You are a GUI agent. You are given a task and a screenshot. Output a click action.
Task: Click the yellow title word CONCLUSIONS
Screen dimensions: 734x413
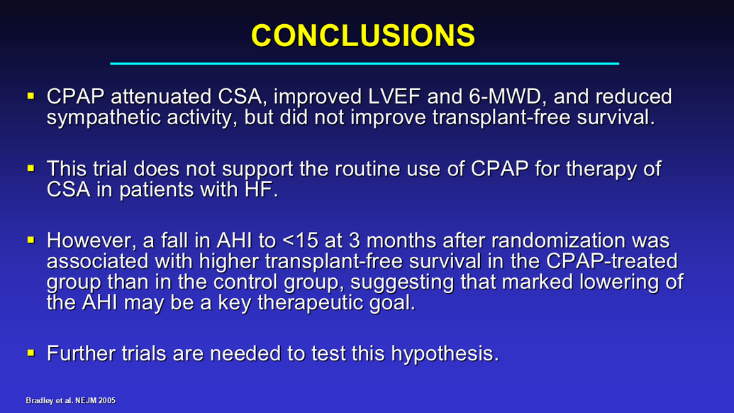coord(363,35)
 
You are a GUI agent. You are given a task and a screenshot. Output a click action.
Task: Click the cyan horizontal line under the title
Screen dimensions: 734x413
coord(365,63)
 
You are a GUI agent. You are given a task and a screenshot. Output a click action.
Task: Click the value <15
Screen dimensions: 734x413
coord(301,241)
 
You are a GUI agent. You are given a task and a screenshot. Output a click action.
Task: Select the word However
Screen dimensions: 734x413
coord(92,241)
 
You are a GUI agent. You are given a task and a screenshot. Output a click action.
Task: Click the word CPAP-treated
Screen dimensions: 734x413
coord(611,261)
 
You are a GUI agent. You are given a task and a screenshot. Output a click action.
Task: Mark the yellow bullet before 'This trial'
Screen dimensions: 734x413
coord(31,168)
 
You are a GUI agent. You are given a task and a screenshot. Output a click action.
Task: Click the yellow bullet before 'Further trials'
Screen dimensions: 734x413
coord(31,353)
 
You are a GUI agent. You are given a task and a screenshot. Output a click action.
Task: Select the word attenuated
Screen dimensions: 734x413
coord(161,97)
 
